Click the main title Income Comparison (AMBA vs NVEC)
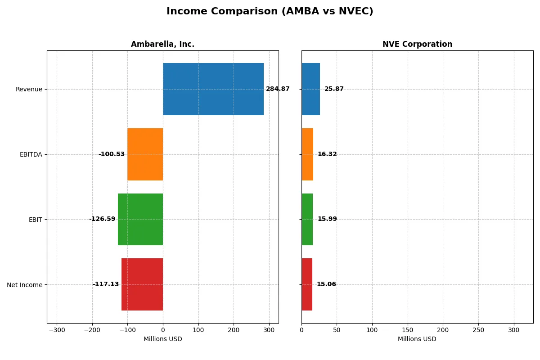pyautogui.click(x=270, y=11)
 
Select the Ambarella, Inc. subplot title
pyautogui.click(x=162, y=44)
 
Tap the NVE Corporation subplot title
pyautogui.click(x=417, y=44)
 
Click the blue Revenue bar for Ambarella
pyautogui.click(x=213, y=89)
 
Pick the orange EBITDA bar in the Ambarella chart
pyautogui.click(x=145, y=154)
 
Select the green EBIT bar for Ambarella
pyautogui.click(x=140, y=219)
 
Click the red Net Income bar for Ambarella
pyautogui.click(x=142, y=284)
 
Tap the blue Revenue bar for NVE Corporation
pyautogui.click(x=310, y=89)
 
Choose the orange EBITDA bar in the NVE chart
pyautogui.click(x=307, y=154)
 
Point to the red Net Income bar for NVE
pyautogui.click(x=307, y=284)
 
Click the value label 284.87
pyautogui.click(x=278, y=89)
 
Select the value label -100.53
pyautogui.click(x=111, y=154)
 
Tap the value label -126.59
pyautogui.click(x=102, y=219)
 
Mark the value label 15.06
pyautogui.click(x=326, y=284)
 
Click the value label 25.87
pyautogui.click(x=334, y=89)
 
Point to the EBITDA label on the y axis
pyautogui.click(x=31, y=154)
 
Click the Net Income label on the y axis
pyautogui.click(x=25, y=284)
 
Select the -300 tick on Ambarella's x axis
pyautogui.click(x=57, y=330)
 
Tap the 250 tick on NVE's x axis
pyautogui.click(x=478, y=330)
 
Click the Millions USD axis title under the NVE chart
pyautogui.click(x=417, y=339)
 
